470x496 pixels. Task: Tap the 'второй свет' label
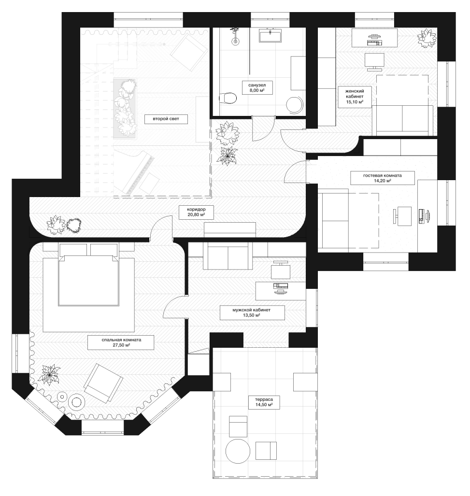coord(166,119)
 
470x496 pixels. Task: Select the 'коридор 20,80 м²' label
coord(196,212)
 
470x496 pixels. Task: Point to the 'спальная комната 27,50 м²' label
coord(121,342)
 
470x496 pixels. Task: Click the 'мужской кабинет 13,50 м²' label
coord(252,312)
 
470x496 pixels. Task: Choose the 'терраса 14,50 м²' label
coord(264,402)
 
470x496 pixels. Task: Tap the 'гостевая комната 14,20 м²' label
coord(383,178)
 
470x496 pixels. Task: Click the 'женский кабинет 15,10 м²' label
coord(354,96)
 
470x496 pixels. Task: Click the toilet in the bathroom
coord(228,98)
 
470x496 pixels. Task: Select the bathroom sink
coord(271,35)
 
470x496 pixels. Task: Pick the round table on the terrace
coord(238,451)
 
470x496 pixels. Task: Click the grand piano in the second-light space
coord(139,172)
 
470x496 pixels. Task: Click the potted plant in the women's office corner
coord(427,38)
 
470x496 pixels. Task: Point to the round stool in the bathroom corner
coord(295,104)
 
